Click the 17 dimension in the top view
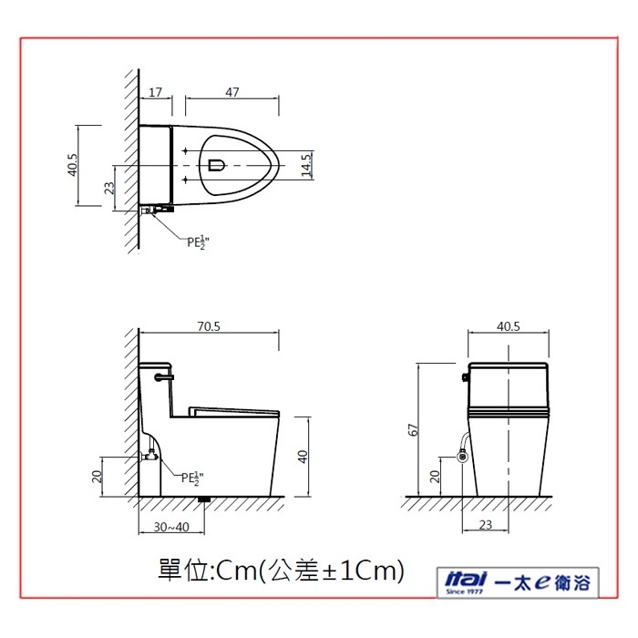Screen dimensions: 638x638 [155, 92]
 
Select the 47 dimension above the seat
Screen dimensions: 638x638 [232, 92]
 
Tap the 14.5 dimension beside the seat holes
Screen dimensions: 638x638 [306, 165]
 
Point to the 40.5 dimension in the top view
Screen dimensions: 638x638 [72, 165]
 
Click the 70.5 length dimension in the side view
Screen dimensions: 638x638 [209, 326]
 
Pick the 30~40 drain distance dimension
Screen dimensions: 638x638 [171, 527]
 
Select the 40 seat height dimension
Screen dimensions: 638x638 [303, 457]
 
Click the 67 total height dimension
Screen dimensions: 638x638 [413, 430]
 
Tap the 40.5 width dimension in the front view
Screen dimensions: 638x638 [509, 326]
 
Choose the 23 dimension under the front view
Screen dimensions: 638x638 [486, 525]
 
